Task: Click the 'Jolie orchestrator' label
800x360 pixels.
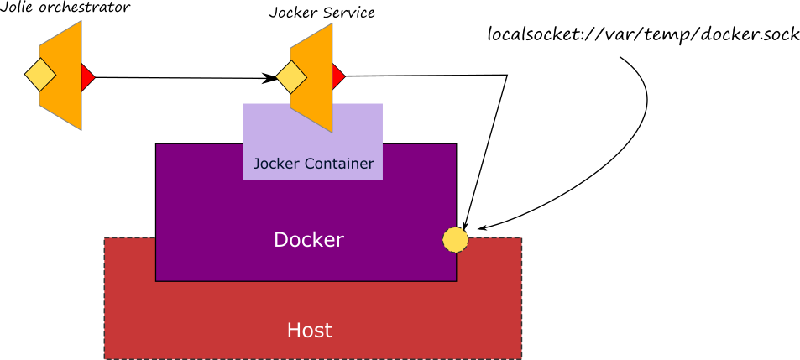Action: coord(65,8)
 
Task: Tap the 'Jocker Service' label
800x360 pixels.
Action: coord(322,13)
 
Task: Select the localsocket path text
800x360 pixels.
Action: coord(643,34)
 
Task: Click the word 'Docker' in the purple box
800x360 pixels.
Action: coord(309,240)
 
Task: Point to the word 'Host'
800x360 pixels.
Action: coord(309,330)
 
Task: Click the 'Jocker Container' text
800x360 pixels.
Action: coord(313,164)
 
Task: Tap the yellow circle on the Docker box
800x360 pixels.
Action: coord(455,240)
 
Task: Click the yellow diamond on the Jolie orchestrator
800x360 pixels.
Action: coord(40,75)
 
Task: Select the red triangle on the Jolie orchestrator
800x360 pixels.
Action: coord(88,77)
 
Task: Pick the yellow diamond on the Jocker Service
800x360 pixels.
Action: coord(291,77)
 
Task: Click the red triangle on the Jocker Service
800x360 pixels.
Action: coord(338,76)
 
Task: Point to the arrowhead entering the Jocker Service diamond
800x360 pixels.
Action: coord(269,78)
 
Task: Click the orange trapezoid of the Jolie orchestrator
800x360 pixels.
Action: coord(60,75)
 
